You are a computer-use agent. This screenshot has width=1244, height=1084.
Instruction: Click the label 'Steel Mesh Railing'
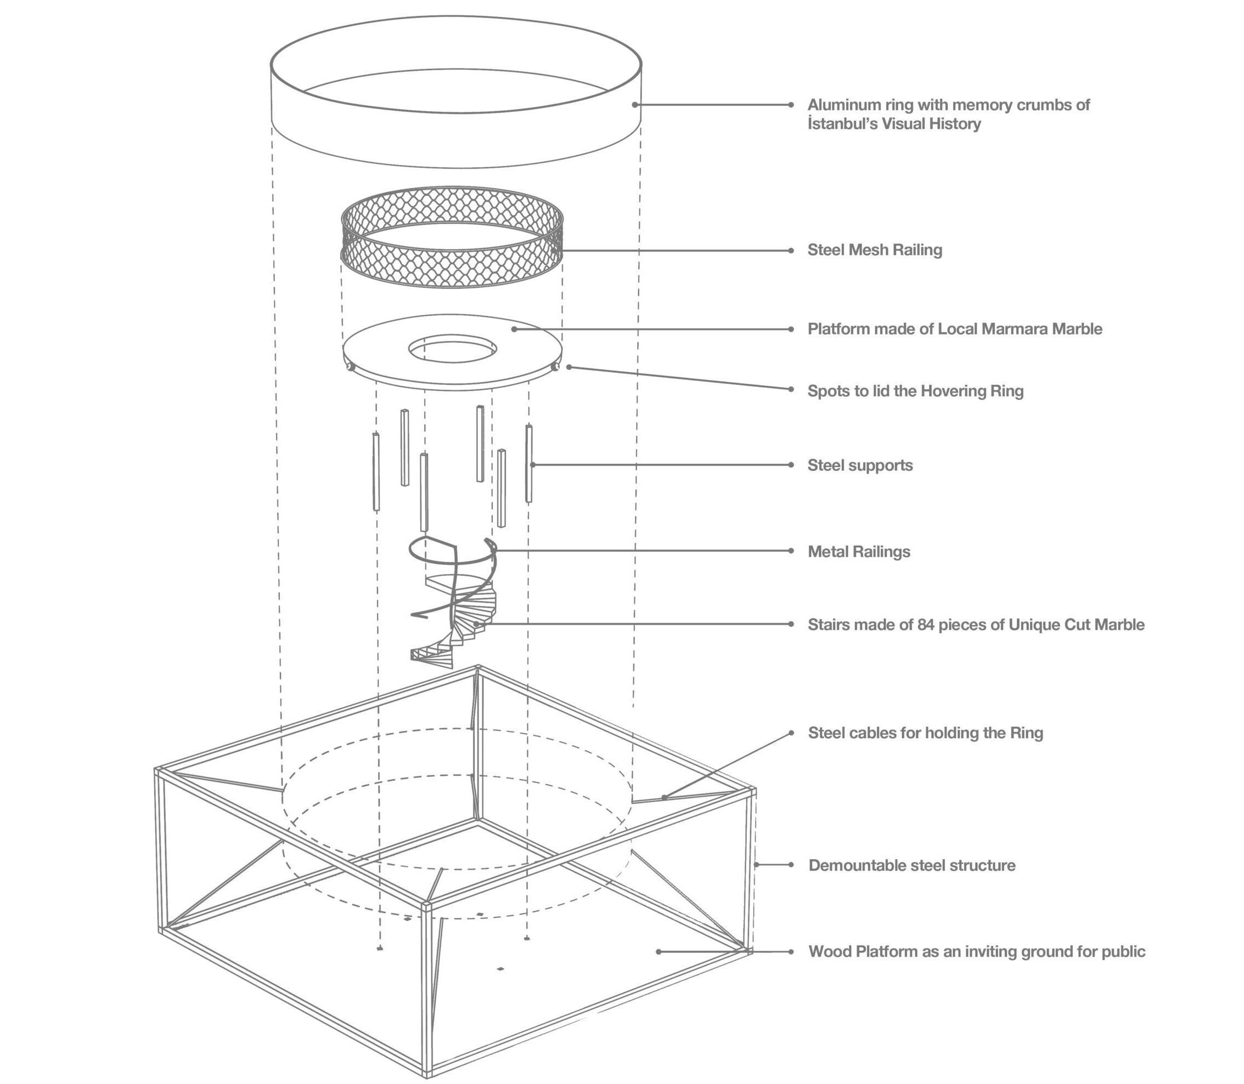tap(874, 250)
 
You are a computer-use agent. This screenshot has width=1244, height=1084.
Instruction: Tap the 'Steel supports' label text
tap(859, 465)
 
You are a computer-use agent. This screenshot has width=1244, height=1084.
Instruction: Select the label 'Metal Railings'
tap(858, 551)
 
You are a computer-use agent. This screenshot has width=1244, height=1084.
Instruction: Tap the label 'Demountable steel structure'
tap(911, 865)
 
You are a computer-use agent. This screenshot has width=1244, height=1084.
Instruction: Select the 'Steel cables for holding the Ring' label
tap(925, 733)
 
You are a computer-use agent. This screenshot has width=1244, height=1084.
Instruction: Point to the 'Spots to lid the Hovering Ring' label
tap(915, 391)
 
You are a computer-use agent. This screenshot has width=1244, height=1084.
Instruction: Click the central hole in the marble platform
tap(452, 350)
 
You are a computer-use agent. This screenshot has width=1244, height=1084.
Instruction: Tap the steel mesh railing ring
tap(451, 266)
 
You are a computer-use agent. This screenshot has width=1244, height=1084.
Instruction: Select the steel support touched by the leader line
tap(528, 464)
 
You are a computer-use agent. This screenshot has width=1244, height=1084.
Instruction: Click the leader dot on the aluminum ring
tap(634, 105)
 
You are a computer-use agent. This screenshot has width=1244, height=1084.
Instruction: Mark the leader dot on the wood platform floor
tap(658, 951)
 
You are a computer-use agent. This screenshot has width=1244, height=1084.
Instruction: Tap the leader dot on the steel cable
tap(664, 797)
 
